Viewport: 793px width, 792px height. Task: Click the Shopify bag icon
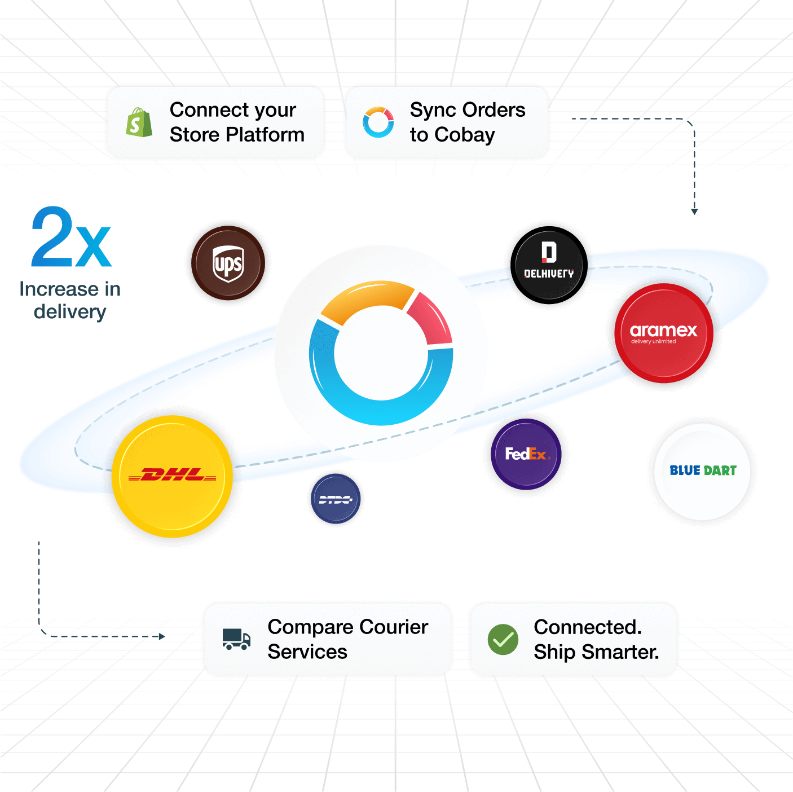pos(139,122)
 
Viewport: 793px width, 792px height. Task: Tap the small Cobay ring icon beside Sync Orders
pos(378,122)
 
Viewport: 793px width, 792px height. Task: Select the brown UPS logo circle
pos(228,263)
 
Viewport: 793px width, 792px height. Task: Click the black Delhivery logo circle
pos(549,264)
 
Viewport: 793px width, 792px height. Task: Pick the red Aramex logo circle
pos(664,333)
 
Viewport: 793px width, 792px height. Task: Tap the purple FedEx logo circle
pos(526,454)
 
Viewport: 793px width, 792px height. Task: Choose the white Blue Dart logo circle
pos(703,471)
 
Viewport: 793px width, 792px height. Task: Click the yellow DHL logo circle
pos(172,477)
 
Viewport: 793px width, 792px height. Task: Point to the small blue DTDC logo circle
pos(336,499)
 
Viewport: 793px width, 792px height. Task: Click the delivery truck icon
pos(236,639)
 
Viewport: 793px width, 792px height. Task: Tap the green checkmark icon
pos(503,640)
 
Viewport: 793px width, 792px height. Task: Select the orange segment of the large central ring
pos(367,299)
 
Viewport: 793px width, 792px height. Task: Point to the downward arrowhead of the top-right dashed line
pos(694,212)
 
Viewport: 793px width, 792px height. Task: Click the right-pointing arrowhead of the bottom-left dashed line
pos(162,636)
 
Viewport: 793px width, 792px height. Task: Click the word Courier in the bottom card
pos(394,627)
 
